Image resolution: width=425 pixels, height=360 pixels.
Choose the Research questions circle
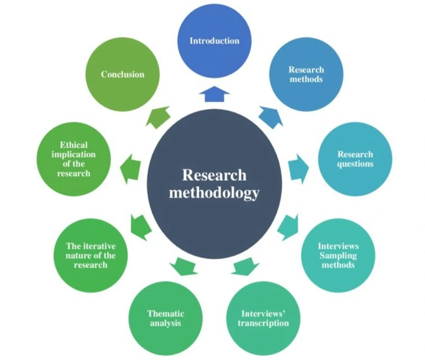[355, 159]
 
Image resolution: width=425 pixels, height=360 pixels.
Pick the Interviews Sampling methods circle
[338, 255]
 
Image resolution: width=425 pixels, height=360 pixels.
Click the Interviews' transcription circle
[263, 318]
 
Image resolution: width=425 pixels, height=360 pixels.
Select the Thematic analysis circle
[166, 318]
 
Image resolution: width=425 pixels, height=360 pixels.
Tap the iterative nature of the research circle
[91, 255]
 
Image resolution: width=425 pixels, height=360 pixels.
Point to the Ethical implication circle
[73, 159]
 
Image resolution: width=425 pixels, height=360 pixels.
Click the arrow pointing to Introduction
[214, 95]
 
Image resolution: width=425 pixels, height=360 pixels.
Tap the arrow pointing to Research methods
[271, 117]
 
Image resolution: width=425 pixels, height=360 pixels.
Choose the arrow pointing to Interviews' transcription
[244, 266]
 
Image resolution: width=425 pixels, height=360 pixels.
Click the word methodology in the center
[214, 193]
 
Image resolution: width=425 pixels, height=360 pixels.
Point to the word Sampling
[338, 256]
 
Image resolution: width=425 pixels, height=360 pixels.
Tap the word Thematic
[166, 314]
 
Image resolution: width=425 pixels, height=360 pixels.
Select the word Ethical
[74, 145]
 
